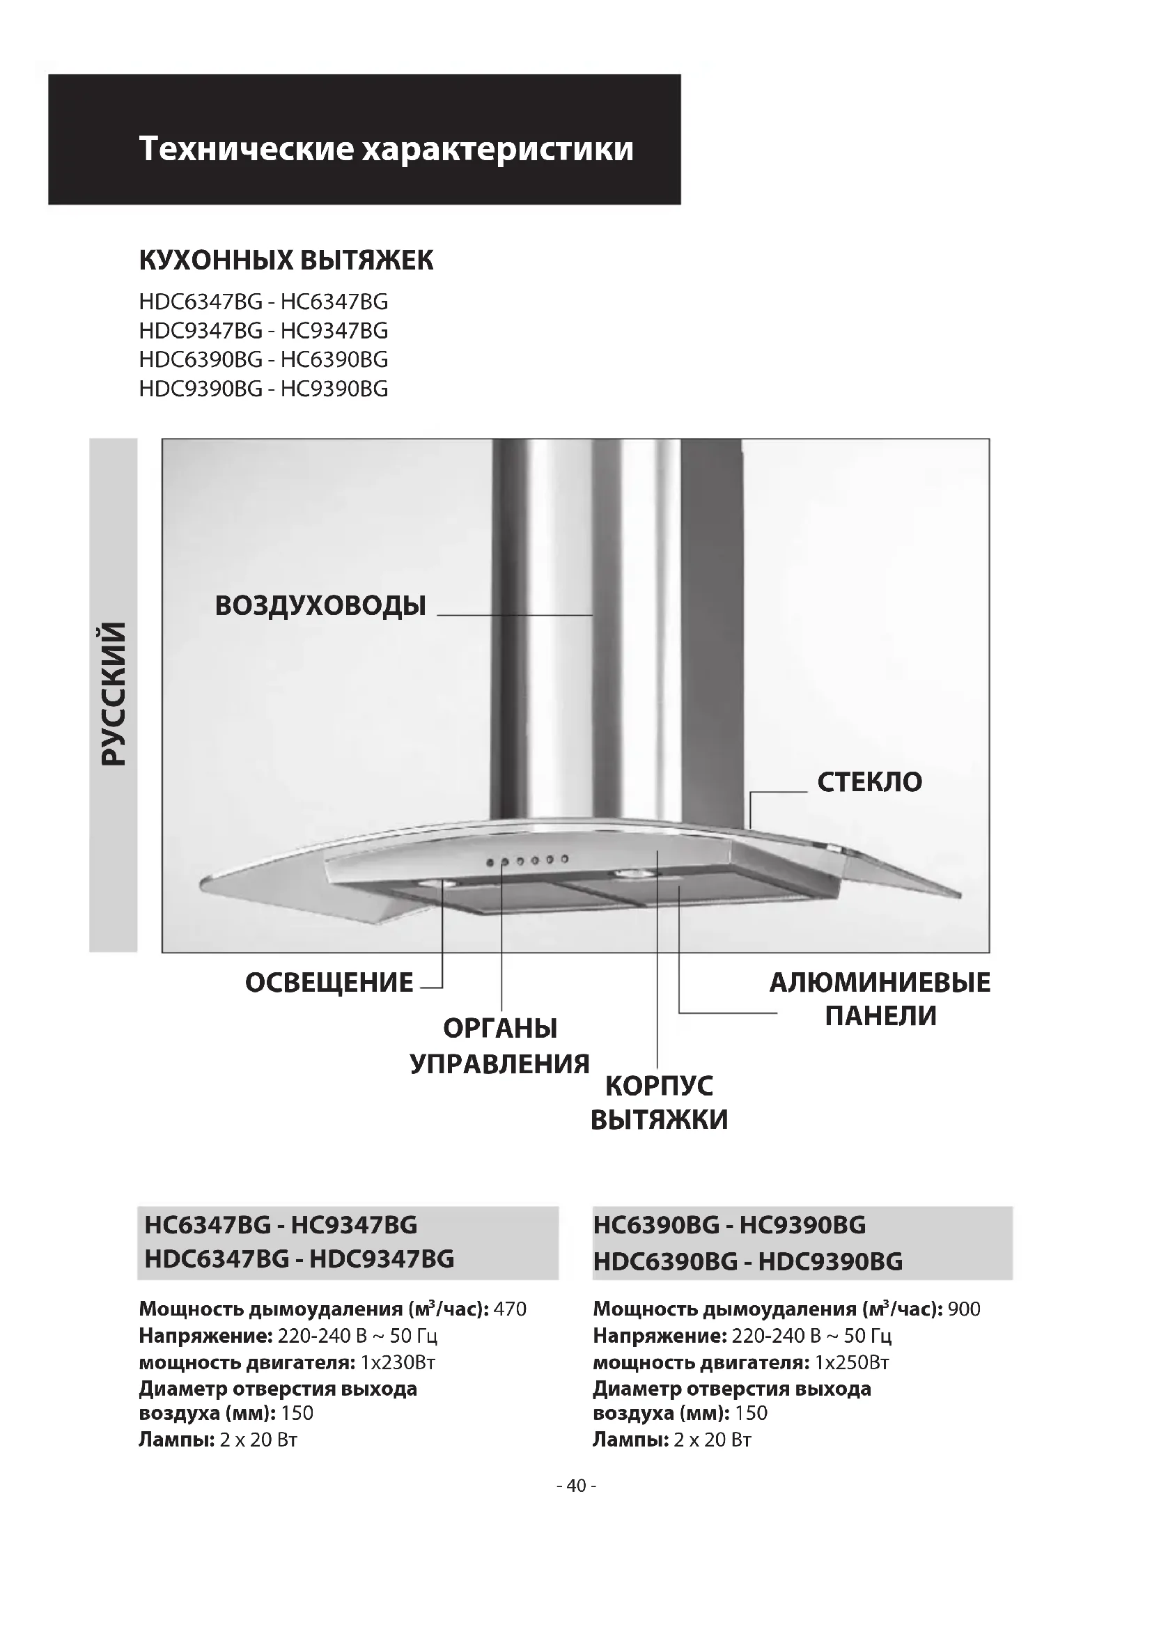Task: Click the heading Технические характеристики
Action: point(386,149)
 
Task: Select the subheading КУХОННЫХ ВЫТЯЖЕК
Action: point(286,260)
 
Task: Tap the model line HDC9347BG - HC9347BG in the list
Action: point(263,331)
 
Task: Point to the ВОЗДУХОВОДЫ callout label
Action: point(320,606)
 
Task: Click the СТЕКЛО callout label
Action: point(869,782)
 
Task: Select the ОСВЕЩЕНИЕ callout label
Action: point(329,983)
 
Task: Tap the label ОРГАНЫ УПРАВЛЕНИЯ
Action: point(500,1046)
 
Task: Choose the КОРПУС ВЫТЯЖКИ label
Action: point(659,1102)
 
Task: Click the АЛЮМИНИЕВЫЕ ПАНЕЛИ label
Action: point(880,999)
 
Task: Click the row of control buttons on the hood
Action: point(527,861)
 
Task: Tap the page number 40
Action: point(576,1486)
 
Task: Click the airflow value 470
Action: point(509,1309)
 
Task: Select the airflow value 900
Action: point(964,1309)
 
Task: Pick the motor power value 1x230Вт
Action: point(397,1363)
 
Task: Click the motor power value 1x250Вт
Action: point(851,1363)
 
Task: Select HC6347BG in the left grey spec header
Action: point(208,1225)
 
